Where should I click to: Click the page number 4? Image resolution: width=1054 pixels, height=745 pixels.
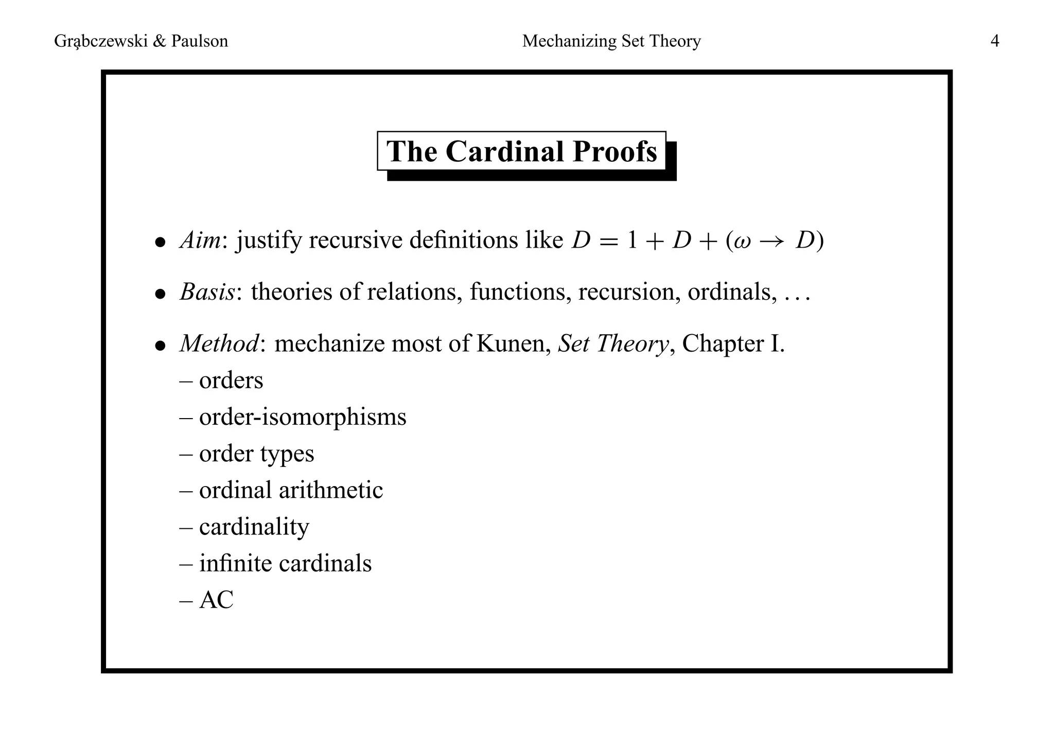[994, 41]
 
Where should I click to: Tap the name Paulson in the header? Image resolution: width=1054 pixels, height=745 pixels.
[199, 41]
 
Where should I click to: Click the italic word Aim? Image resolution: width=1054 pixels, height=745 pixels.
[200, 240]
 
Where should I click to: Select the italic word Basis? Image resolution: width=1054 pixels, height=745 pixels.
[207, 292]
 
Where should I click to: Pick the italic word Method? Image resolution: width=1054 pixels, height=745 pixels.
[219, 343]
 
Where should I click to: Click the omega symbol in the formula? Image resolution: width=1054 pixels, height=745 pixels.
[743, 241]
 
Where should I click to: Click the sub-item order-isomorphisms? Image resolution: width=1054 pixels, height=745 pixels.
[303, 417]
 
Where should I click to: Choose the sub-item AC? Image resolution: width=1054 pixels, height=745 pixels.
[216, 600]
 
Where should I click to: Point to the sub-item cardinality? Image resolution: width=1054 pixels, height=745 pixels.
[254, 527]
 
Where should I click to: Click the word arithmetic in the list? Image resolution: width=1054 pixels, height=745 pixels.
[331, 490]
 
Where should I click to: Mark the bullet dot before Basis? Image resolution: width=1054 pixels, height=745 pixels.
[161, 293]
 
